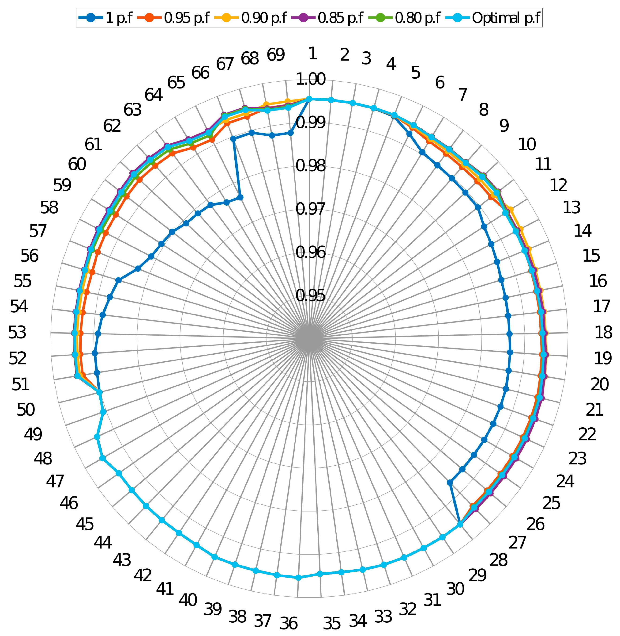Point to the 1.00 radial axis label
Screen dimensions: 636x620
pyautogui.click(x=310, y=79)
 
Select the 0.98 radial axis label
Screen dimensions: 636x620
pyautogui.click(x=310, y=166)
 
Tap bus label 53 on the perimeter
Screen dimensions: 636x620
pyautogui.click(x=17, y=333)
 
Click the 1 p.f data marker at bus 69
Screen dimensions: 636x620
pyautogui.click(x=290, y=133)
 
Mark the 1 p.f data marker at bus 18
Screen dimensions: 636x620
pyautogui.click(x=510, y=334)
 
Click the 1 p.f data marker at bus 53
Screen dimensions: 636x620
pyautogui.click(x=98, y=334)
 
